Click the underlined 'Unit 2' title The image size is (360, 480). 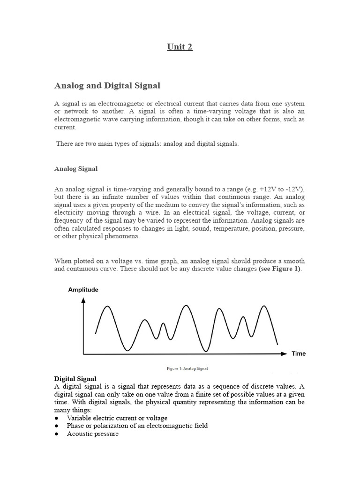click(x=180, y=47)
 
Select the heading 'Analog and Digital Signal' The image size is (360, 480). click(x=107, y=86)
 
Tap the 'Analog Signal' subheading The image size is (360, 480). click(x=76, y=169)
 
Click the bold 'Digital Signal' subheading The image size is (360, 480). click(x=75, y=378)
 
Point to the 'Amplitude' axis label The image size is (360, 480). click(x=83, y=290)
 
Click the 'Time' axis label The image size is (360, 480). click(x=299, y=353)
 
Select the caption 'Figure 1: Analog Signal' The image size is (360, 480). click(x=187, y=369)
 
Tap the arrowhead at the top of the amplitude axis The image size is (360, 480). click(x=83, y=299)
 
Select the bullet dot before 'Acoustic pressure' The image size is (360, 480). click(x=57, y=434)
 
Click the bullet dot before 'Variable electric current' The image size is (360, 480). click(x=57, y=418)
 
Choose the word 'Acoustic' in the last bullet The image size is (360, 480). click(x=80, y=434)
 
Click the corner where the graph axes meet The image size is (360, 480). click(x=83, y=354)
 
